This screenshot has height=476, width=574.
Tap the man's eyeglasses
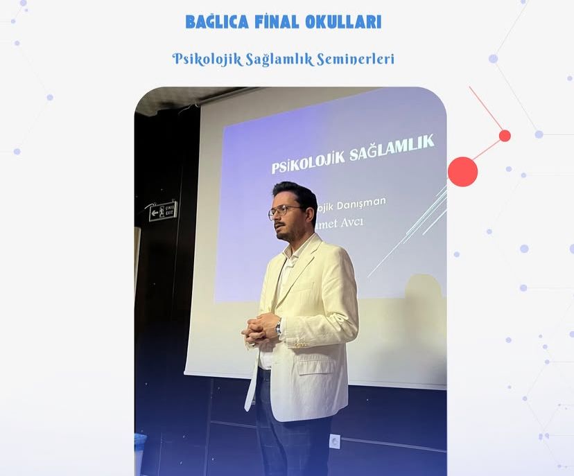point(284,211)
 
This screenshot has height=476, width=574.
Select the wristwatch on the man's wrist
point(279,328)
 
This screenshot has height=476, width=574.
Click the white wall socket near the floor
point(335,441)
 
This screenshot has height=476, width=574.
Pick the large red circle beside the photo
point(462,171)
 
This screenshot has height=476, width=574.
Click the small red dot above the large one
point(505,136)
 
